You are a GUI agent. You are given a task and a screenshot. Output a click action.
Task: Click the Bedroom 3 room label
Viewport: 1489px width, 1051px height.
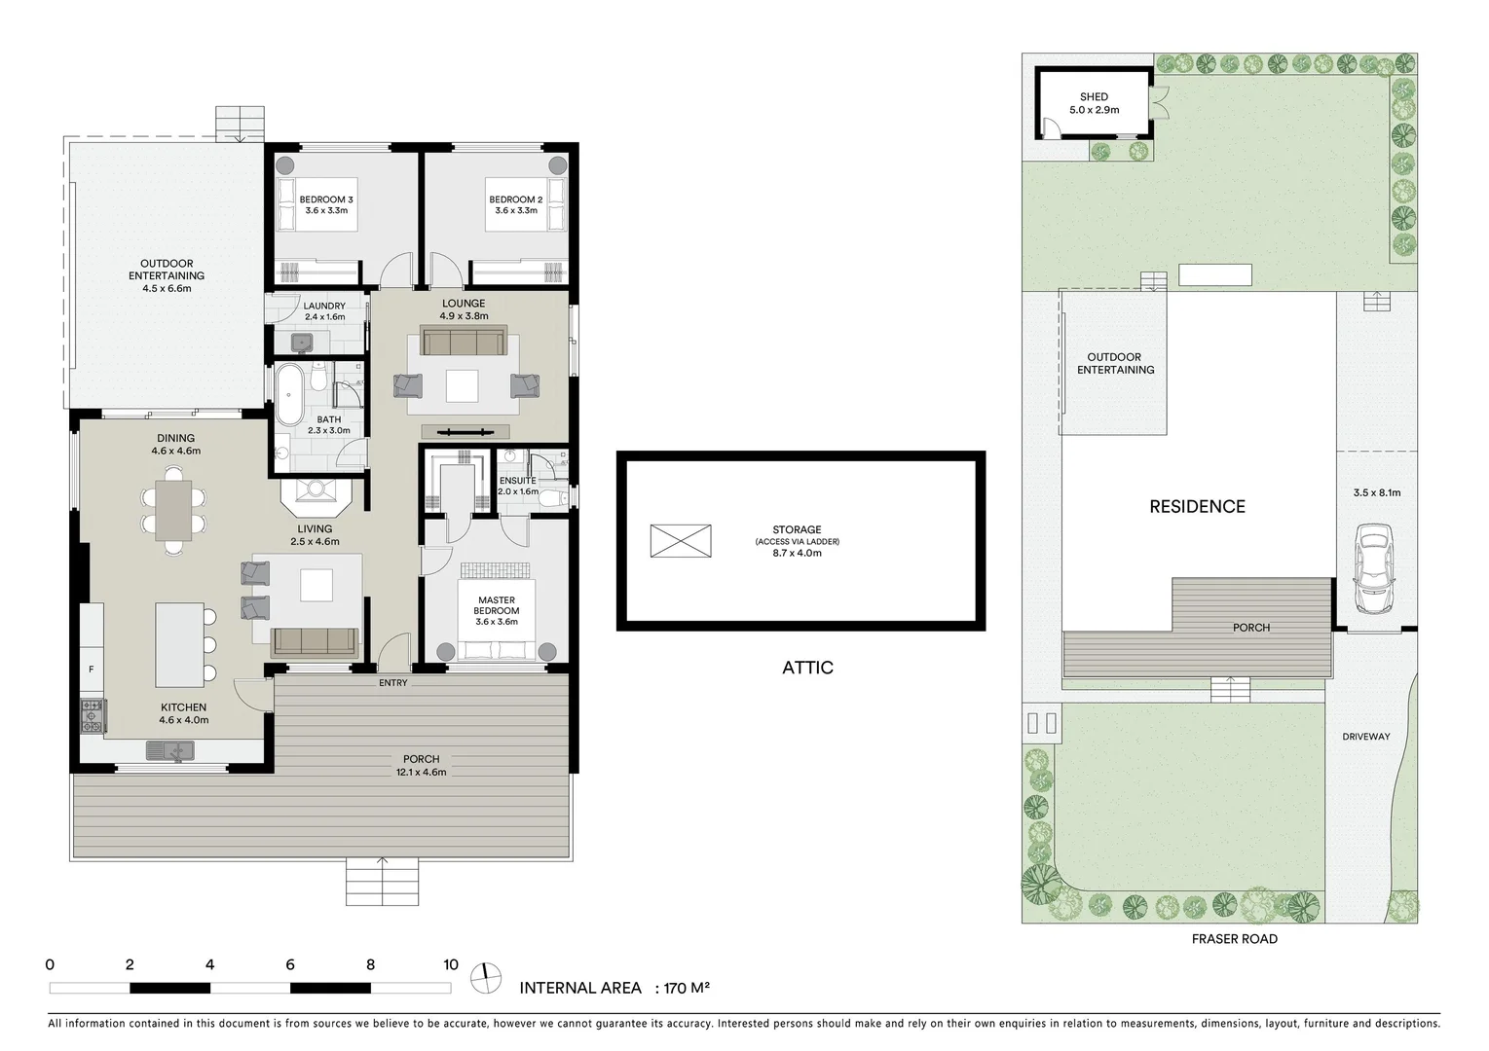click(326, 199)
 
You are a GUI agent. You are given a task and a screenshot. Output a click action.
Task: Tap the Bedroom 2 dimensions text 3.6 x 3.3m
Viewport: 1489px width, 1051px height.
click(515, 211)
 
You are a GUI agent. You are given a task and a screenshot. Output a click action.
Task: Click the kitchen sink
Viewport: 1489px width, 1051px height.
click(170, 750)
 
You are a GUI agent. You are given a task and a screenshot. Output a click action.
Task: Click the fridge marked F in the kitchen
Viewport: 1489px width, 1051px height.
click(92, 670)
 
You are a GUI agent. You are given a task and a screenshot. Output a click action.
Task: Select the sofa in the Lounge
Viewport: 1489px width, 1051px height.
click(464, 342)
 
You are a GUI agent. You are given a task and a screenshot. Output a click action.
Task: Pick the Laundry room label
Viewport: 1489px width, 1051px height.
click(324, 306)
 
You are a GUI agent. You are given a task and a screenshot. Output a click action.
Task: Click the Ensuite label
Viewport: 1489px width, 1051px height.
click(517, 481)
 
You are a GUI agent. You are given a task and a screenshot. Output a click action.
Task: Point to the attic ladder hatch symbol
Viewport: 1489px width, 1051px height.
click(681, 540)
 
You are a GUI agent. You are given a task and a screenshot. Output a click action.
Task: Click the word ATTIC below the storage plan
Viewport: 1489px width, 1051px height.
click(807, 668)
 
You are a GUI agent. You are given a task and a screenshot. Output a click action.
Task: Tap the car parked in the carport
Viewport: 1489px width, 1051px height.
click(1373, 569)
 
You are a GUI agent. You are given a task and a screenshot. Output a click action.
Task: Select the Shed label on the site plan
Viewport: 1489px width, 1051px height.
click(1094, 97)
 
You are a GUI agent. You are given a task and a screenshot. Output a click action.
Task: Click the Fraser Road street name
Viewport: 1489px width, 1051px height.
click(1234, 939)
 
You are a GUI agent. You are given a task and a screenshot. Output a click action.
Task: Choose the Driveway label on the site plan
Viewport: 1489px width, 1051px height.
click(1365, 737)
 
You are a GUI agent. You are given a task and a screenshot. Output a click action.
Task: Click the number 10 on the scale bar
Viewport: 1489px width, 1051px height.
click(450, 965)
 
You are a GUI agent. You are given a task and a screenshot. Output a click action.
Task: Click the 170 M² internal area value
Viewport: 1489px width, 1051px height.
click(687, 988)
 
